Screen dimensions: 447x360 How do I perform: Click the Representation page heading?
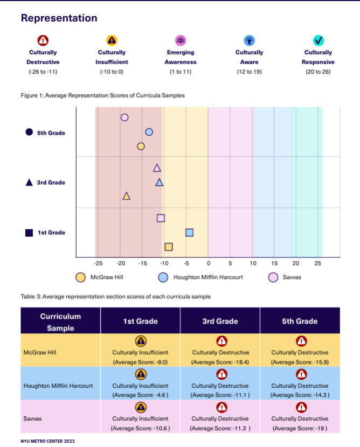pos(59,18)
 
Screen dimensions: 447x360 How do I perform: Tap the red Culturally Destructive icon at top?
pos(43,40)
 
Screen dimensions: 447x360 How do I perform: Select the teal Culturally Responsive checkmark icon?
pos(319,40)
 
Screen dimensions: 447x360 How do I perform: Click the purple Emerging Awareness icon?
pos(181,40)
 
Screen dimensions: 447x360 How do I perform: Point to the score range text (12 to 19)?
pos(249,72)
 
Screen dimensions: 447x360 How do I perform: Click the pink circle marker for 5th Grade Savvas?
pos(124,117)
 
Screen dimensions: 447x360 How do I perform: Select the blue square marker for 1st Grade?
pos(189,233)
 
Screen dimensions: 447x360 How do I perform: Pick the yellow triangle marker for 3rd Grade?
pos(126,197)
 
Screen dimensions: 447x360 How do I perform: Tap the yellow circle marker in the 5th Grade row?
pos(141,146)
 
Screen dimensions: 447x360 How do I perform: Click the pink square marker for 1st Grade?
pos(161,218)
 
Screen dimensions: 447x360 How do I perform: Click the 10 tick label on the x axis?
pos(252,264)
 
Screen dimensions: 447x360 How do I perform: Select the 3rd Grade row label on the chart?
pos(51,183)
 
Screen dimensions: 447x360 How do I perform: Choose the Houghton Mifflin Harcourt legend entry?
pos(203,277)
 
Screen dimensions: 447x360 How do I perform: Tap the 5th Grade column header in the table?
pos(300,321)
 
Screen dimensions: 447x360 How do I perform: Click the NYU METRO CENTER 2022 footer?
pos(47,441)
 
